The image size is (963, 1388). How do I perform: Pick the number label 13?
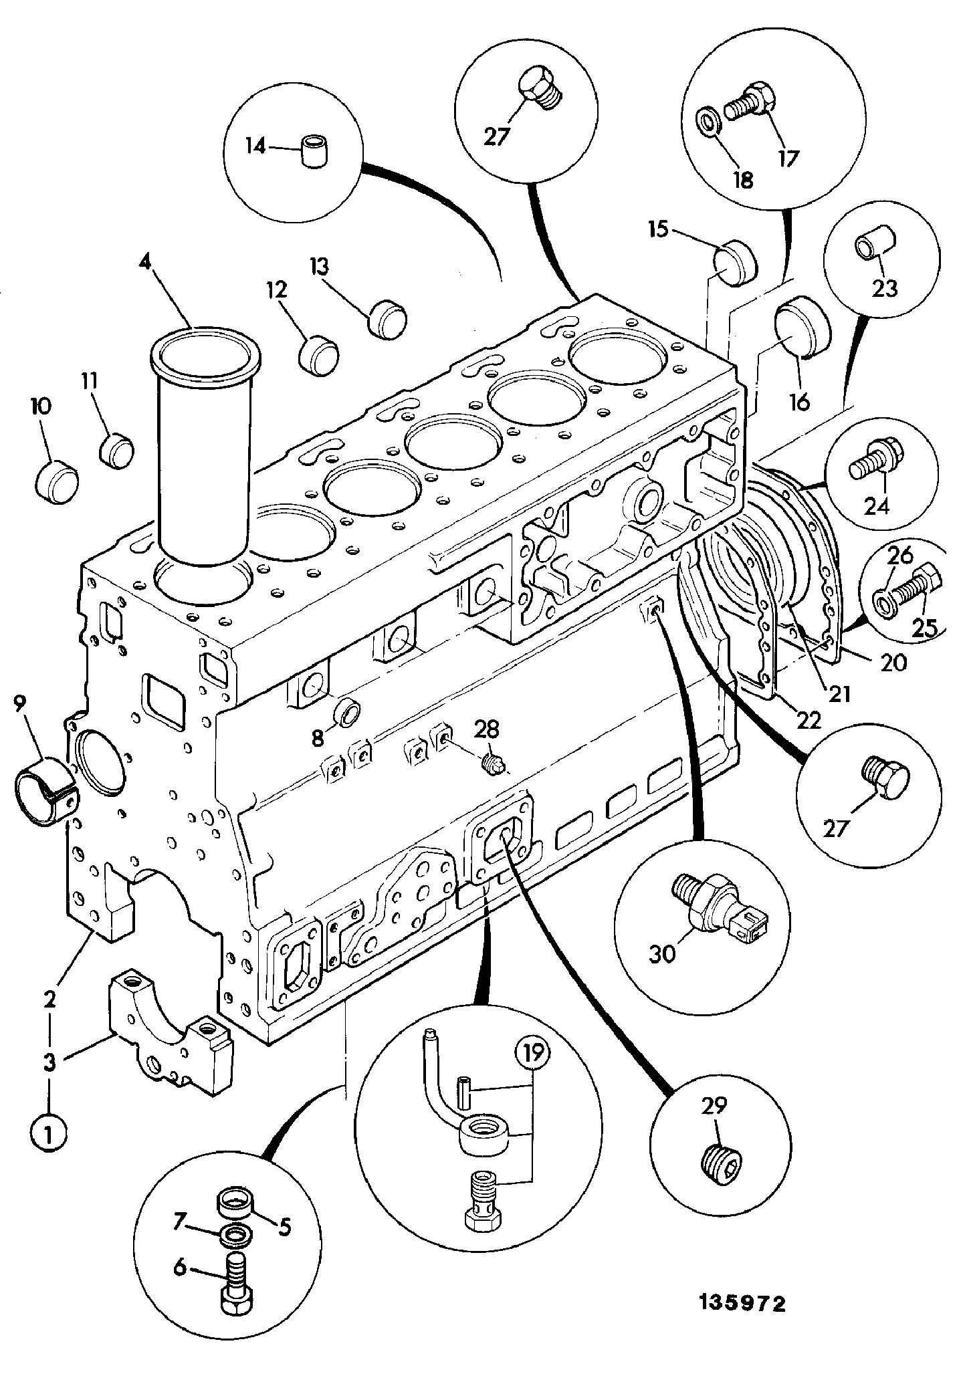319,267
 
